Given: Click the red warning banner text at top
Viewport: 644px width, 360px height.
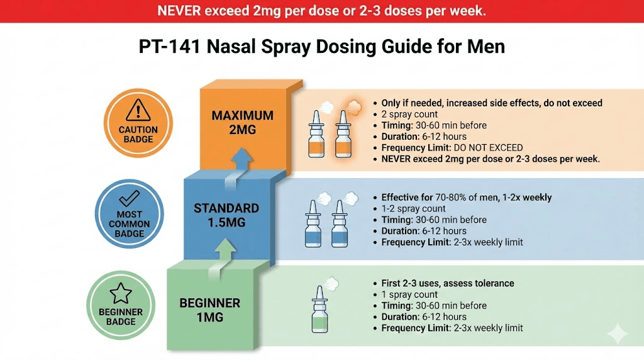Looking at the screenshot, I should coord(322,11).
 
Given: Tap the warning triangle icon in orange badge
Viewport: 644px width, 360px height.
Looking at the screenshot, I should coord(138,112).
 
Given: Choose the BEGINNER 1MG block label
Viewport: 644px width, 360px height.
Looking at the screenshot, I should coord(209,310).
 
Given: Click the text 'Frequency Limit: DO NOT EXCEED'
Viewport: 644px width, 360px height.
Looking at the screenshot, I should coord(452,148).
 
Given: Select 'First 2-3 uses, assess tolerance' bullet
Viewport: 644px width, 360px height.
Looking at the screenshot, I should coord(447,283).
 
